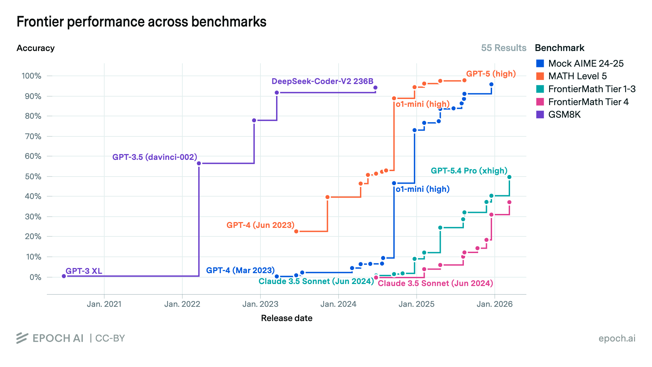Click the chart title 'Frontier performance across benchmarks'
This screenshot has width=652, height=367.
[x=141, y=22]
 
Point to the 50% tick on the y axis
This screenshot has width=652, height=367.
[x=33, y=177]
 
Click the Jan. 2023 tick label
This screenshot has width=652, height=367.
[x=260, y=304]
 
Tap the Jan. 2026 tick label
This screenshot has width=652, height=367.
[x=494, y=304]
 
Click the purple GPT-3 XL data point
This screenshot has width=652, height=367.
[x=64, y=276]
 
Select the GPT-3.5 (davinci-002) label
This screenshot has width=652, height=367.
[x=155, y=157]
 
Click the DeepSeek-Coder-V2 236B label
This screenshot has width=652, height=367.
[x=322, y=81]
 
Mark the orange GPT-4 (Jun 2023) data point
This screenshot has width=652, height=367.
[x=296, y=231]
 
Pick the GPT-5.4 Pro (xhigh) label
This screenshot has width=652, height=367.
[x=469, y=171]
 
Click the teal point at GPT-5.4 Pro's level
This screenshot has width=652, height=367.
[x=509, y=177]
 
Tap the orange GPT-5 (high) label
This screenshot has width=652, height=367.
[x=491, y=74]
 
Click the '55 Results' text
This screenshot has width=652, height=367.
[x=503, y=48]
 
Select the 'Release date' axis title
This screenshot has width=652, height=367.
[x=286, y=318]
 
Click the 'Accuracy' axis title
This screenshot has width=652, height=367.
[x=35, y=48]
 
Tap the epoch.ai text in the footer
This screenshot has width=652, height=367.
[x=617, y=338]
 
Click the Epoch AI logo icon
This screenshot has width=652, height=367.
[x=22, y=338]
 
